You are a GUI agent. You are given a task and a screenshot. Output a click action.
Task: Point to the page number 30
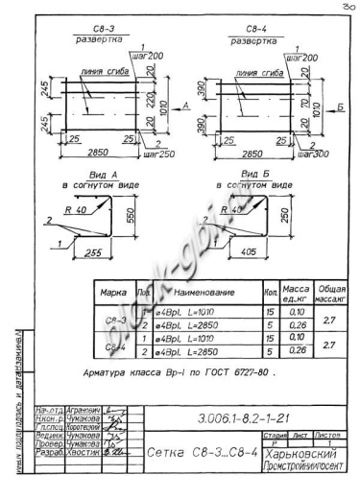tap(347, 7)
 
